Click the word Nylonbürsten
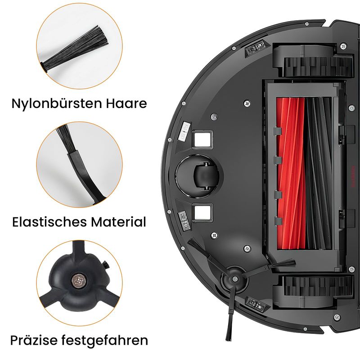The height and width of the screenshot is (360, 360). (57, 103)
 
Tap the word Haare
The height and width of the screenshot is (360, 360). (126, 103)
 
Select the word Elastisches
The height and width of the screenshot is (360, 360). (49, 222)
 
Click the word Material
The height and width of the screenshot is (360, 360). (118, 222)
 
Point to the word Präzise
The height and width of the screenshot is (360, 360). (33, 340)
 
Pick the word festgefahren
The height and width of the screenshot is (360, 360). (104, 341)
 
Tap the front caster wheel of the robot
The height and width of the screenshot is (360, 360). (206, 176)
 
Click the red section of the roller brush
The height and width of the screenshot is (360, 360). (291, 174)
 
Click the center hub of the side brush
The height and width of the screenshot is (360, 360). (234, 279)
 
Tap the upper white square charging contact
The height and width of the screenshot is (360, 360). (202, 139)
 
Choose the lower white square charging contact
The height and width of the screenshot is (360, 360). (202, 212)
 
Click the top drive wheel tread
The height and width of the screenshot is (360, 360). (318, 67)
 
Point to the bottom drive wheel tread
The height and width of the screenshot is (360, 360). (318, 286)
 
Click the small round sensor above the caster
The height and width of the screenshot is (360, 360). (214, 117)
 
